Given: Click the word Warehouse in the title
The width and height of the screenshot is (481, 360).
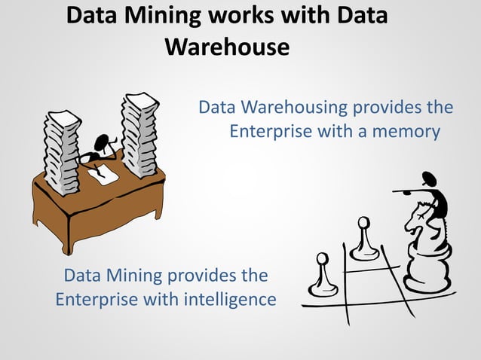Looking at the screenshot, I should [227, 47].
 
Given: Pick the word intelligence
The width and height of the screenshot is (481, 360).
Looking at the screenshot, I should [230, 299].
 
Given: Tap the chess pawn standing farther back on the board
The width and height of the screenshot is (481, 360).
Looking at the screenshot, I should [364, 239].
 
